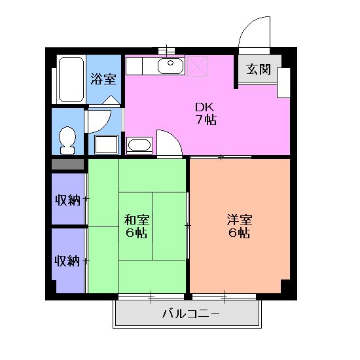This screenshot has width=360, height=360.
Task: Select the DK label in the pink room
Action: point(204,107)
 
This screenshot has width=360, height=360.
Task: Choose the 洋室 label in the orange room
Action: point(239,220)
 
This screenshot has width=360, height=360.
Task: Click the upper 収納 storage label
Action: point(67,199)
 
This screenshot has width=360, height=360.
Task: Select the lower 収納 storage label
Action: point(67,261)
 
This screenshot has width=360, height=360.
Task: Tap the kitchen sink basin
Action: point(171,65)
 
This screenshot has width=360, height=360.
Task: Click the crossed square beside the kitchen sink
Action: point(199,65)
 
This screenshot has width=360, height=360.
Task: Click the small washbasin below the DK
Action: point(139,145)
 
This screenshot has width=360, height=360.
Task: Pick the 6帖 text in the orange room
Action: point(239,233)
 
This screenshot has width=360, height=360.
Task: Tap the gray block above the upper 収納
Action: point(68,164)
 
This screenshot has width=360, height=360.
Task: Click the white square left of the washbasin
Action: point(107,145)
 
